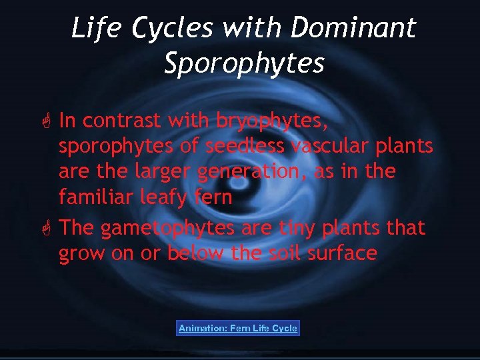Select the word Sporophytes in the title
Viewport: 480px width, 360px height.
[244, 63]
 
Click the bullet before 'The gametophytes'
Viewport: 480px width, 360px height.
[47, 228]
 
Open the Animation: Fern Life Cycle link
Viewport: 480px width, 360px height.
[238, 328]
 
